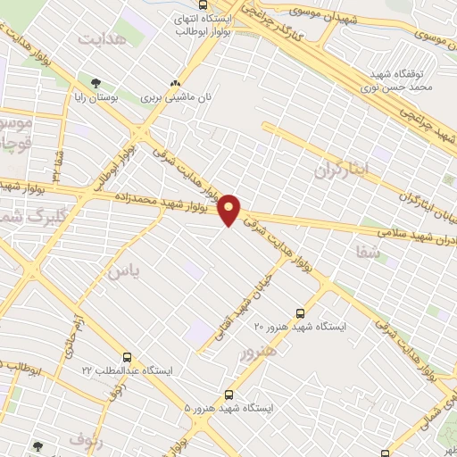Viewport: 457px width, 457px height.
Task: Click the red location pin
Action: coord(229,210)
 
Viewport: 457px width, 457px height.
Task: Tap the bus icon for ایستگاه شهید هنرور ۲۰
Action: coord(299,313)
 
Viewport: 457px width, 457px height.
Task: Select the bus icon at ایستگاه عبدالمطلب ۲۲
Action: coord(127,357)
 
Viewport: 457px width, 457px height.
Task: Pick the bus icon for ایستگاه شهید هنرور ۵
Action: coord(229,394)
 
